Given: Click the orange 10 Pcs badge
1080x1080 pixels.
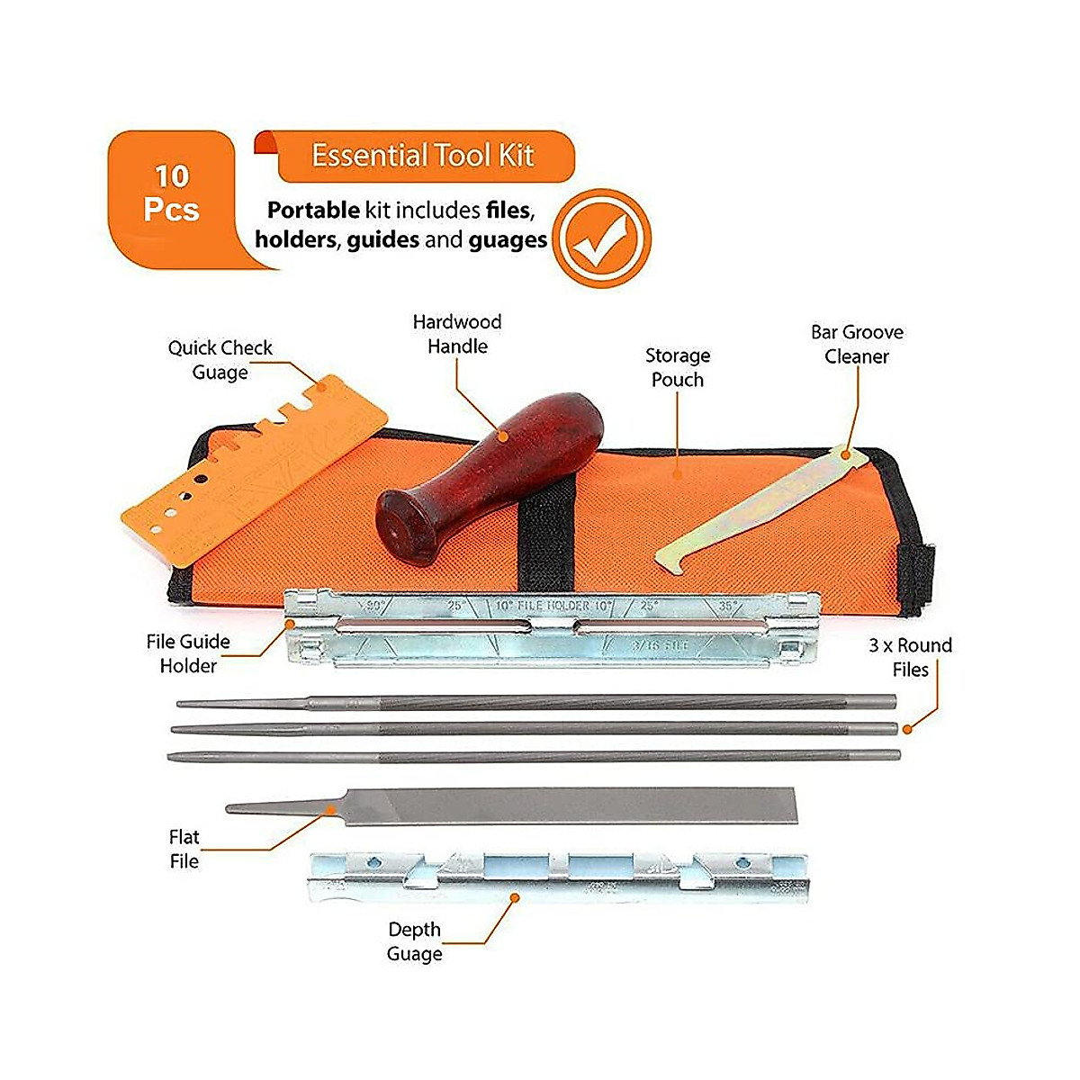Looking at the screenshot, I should pos(171,193).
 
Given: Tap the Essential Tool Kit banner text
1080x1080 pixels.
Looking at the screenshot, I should pos(422,156).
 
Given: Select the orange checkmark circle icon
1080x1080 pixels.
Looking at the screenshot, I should pos(600,238).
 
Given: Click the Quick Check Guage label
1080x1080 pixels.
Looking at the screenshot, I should pos(220,360).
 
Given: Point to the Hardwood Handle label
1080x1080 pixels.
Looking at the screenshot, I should pos(457,334).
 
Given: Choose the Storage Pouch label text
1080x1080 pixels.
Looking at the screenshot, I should pos(678,367).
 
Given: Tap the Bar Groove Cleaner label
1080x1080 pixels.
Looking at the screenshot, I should pos(857,344).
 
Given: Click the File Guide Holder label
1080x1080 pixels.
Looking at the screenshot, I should pos(188,653).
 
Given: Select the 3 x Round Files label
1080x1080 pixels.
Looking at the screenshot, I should pos(910,657).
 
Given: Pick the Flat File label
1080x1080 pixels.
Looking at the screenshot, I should pos(184,849).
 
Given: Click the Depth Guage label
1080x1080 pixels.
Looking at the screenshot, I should pos(414,941).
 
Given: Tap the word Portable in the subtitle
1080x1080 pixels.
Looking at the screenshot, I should pos(313,211).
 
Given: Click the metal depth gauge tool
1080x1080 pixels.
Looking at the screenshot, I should pos(558,877).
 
